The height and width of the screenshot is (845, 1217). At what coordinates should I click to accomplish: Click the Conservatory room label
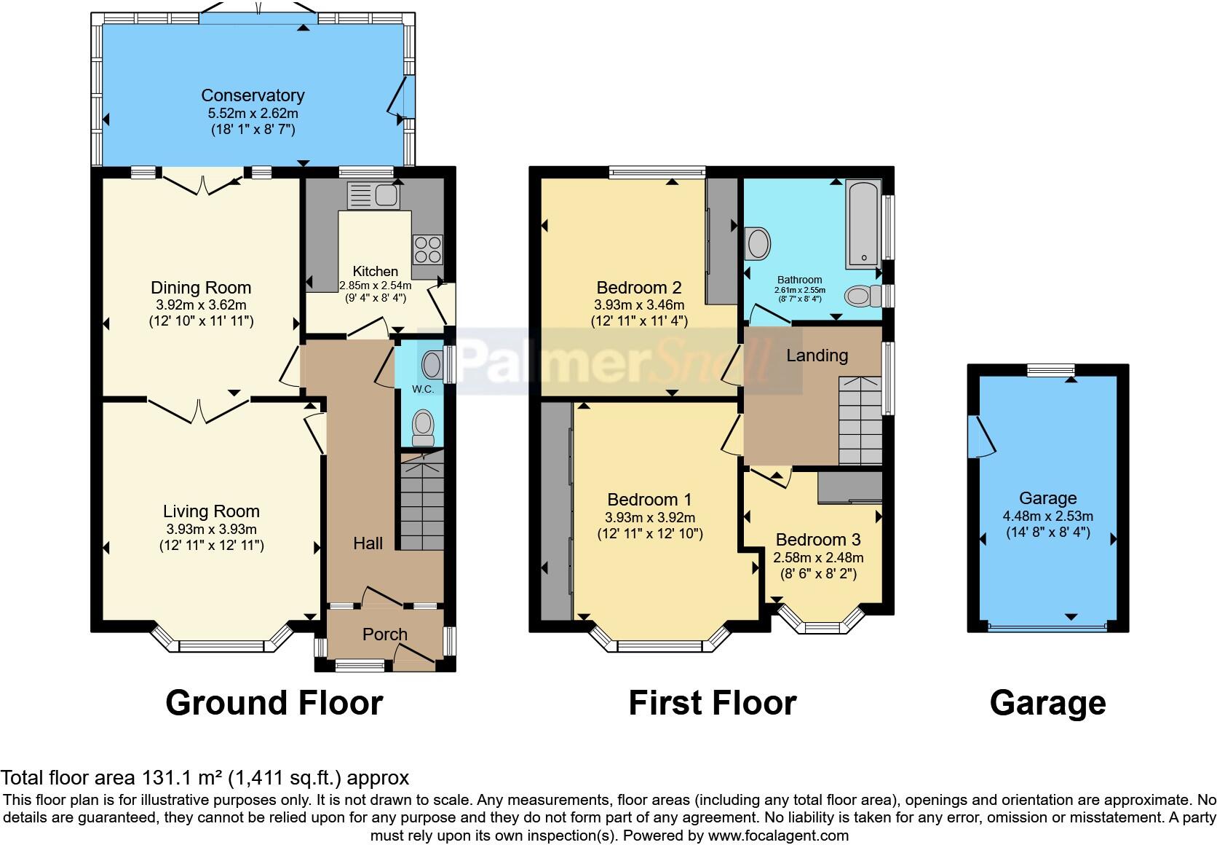(253, 95)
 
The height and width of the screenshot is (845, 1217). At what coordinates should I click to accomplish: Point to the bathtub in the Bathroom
(863, 224)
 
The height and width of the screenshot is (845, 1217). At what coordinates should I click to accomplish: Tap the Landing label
(817, 355)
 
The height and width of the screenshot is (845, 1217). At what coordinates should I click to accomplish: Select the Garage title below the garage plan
(1047, 704)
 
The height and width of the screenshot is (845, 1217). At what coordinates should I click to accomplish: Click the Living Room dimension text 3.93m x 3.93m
(210, 530)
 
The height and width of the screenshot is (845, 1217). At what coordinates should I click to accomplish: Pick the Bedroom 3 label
(818, 540)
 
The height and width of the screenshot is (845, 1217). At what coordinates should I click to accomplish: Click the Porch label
(385, 634)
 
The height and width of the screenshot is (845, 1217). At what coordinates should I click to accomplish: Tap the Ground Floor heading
(274, 704)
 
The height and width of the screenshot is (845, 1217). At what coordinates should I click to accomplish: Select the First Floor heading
(712, 704)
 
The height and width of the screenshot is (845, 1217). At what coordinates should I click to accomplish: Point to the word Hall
(368, 543)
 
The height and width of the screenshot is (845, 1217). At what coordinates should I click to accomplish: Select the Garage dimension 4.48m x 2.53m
(1047, 516)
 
